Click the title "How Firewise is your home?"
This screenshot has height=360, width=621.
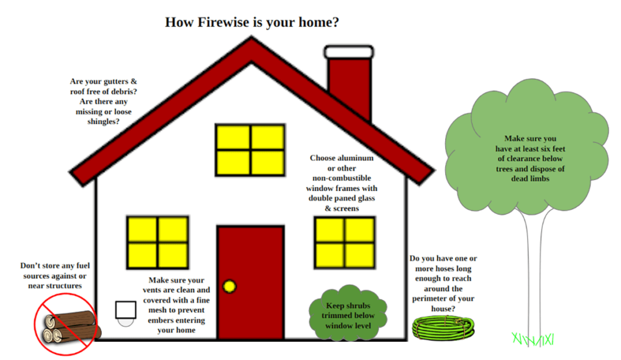point(252,23)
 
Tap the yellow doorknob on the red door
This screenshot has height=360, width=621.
point(229,286)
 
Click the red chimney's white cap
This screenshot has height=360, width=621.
point(348,52)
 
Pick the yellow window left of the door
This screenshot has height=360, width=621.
point(158,242)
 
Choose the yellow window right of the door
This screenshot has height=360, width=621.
point(344,242)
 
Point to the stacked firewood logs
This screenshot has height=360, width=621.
point(68,327)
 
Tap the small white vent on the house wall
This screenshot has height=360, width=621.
point(126,310)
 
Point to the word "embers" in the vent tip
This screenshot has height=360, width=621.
point(161,320)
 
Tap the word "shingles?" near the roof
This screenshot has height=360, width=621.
point(104,121)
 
